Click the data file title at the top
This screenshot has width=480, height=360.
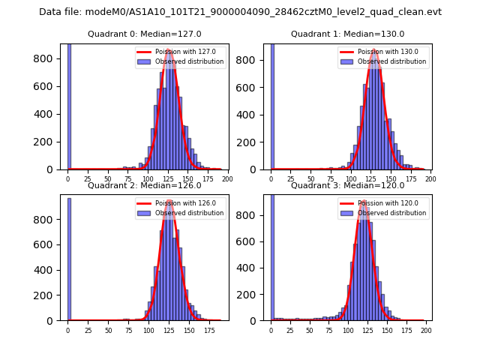tap(240, 12)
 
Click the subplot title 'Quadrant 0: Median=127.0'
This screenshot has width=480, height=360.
tap(144, 34)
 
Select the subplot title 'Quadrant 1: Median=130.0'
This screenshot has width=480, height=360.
tap(347, 34)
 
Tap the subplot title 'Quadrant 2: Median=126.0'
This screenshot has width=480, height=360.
tap(144, 185)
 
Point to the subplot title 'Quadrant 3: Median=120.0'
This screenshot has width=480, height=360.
tap(347, 185)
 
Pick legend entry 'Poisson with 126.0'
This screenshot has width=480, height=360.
tap(178, 203)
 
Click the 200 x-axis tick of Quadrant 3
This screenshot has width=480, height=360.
tap(425, 330)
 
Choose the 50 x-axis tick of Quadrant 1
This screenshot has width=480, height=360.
tap(311, 179)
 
